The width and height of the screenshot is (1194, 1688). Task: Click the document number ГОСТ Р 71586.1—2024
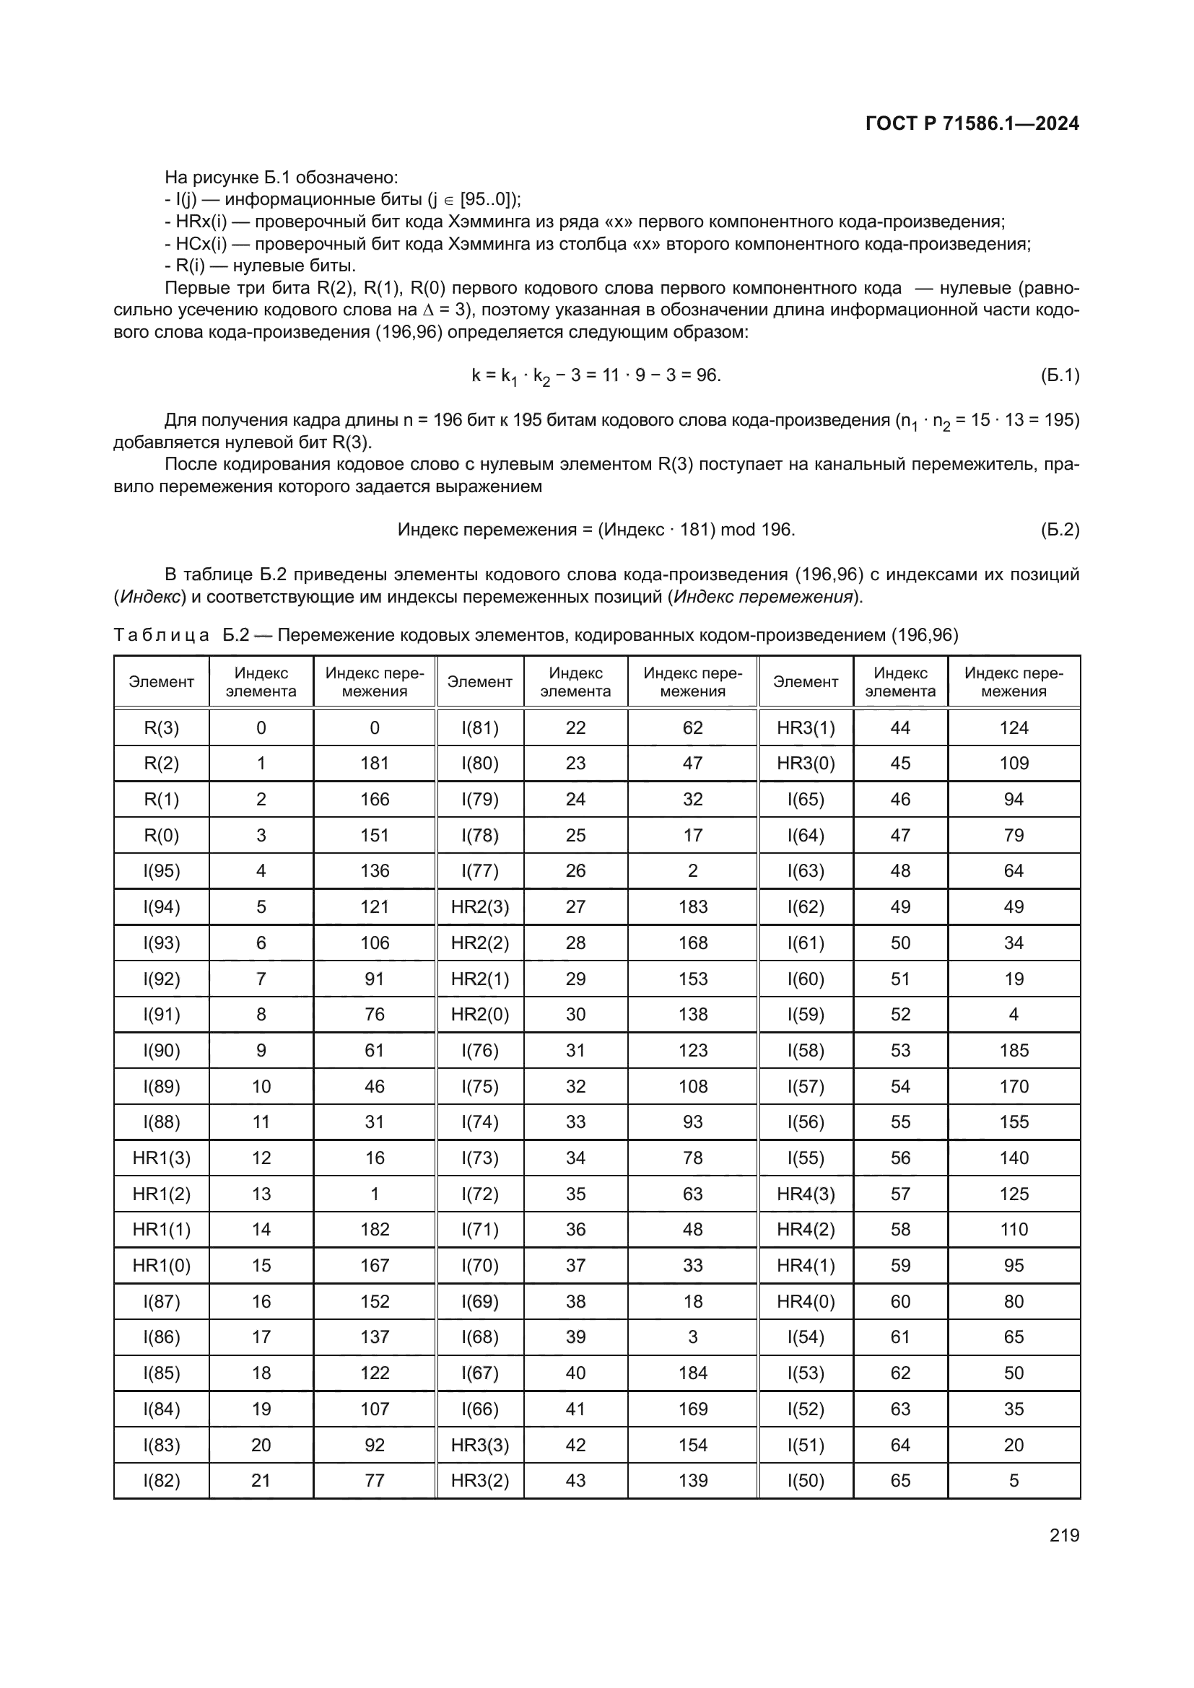972,123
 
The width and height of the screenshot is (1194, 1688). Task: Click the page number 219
1064,1535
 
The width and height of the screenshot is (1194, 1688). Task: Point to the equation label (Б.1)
1060,376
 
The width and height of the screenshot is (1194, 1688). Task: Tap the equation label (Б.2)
1060,529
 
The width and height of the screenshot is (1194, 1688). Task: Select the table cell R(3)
161,728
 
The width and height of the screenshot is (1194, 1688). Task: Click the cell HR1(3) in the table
161,1158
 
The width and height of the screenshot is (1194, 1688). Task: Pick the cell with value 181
374,763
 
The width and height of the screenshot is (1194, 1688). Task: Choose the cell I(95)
161,870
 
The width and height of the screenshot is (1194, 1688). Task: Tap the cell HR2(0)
480,1015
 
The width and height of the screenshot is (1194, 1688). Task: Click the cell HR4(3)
806,1194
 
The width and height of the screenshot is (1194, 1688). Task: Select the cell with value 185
1014,1051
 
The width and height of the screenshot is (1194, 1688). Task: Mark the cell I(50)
806,1481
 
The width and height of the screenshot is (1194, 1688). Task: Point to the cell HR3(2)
480,1481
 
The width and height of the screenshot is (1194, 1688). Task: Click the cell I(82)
161,1481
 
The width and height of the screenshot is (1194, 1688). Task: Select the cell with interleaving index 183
692,906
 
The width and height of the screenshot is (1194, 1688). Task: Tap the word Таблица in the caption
161,634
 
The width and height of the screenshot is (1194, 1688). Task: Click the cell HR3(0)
806,763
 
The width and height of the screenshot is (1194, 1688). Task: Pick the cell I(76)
480,1051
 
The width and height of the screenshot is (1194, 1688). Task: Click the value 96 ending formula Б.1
707,375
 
